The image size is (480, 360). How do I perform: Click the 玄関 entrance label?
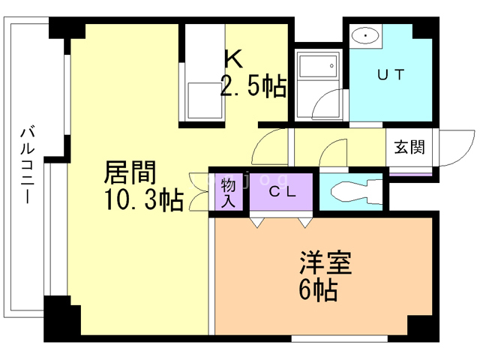coord(409,146)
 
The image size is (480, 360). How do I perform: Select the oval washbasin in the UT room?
coord(364,35)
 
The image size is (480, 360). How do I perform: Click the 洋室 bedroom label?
coord(325,264)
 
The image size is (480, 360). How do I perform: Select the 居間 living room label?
coord(130,174)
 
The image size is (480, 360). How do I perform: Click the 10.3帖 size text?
coord(142,201)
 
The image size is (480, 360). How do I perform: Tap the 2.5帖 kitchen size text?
coord(253,87)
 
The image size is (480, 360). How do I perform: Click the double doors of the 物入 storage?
coord(199,193)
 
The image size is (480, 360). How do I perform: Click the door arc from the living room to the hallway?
coord(268,147)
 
